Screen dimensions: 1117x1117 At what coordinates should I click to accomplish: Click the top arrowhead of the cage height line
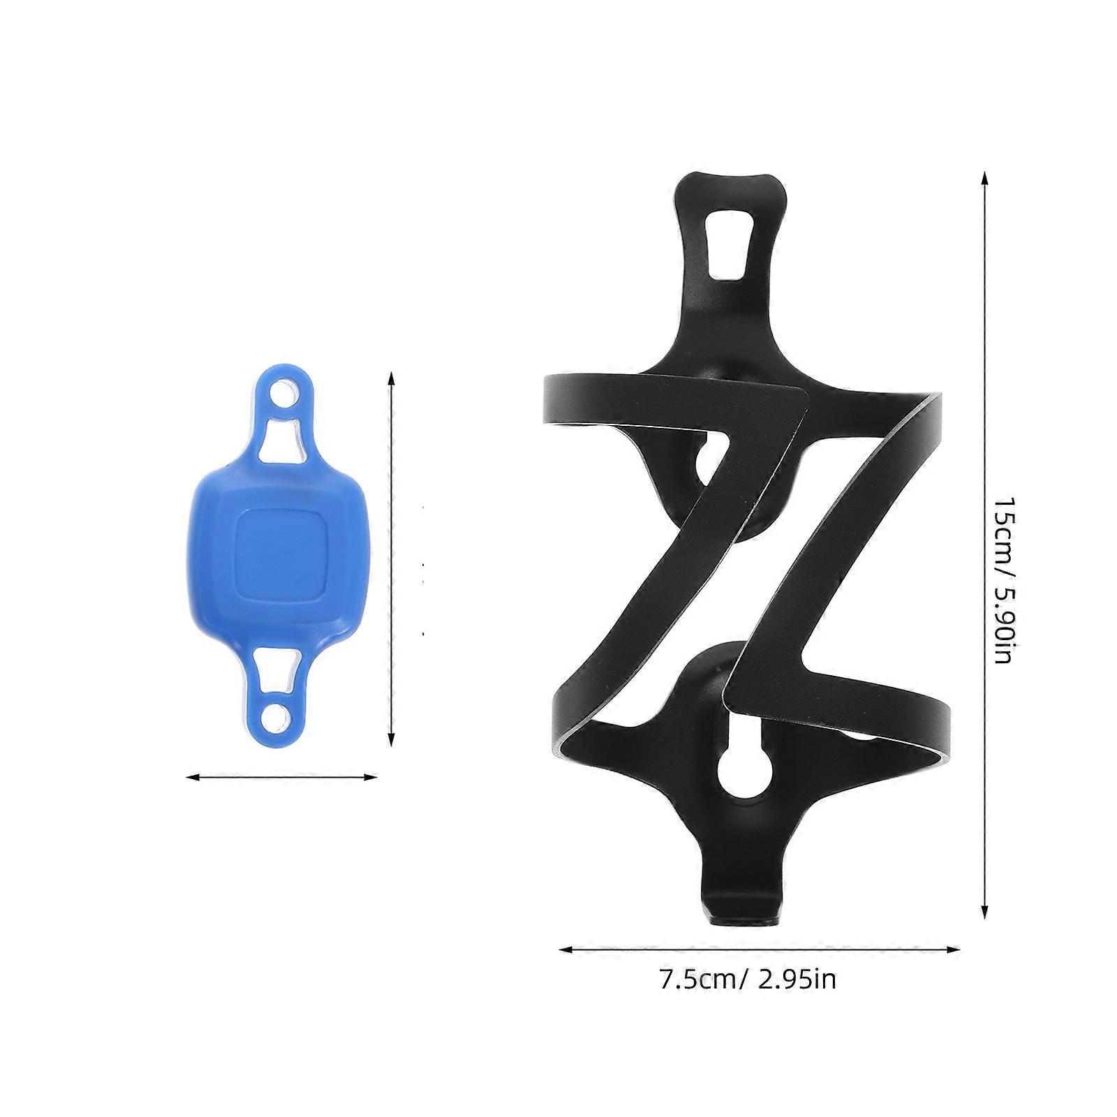[984, 179]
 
